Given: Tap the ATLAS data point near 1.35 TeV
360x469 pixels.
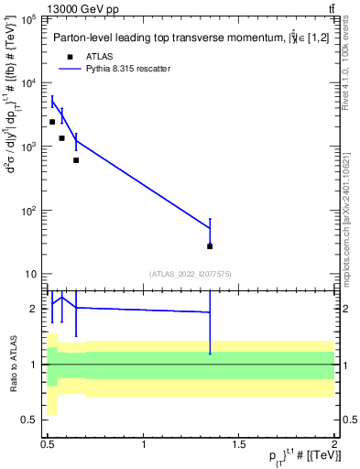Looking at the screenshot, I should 210,245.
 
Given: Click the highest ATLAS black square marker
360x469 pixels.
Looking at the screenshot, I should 52,122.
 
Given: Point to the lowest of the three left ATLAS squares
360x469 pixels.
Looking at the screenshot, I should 76,160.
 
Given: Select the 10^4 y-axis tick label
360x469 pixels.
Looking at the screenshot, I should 29,83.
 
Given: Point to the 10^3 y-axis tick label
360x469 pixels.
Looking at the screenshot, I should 29,147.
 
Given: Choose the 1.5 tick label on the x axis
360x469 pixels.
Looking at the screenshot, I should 238,445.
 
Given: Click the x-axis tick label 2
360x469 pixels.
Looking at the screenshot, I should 334,445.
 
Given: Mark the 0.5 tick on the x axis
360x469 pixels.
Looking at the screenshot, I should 48,445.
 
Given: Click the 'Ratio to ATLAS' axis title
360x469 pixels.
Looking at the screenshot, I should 12,364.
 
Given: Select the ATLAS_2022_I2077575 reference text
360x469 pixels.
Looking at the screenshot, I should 191,274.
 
